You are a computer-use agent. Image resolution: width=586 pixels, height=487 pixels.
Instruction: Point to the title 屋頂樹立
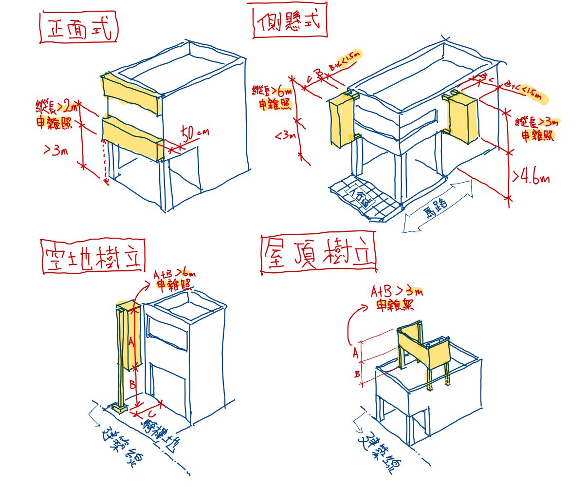coord(318,254)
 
